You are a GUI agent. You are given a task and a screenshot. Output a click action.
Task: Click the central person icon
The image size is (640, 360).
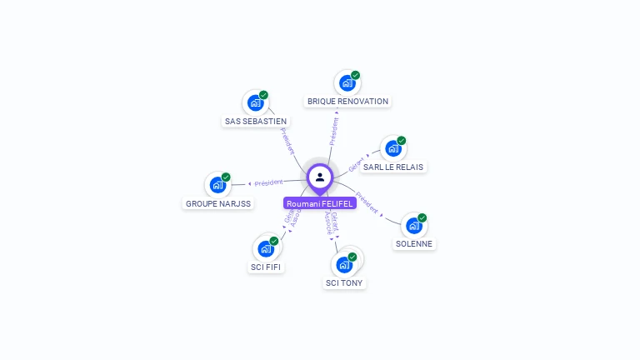tap(320, 177)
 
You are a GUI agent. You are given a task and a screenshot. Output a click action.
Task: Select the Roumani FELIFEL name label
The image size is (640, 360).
tap(320, 203)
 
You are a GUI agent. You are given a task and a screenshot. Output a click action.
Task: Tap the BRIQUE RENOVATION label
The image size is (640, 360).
tap(347, 102)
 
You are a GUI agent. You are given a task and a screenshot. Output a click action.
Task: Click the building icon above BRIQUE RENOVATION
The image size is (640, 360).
tap(347, 83)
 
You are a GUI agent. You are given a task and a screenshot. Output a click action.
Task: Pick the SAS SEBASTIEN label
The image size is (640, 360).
tap(256, 122)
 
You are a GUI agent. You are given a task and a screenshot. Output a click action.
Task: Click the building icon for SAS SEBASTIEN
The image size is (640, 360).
tap(255, 103)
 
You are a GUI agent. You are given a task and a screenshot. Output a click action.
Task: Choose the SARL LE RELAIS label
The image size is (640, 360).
tap(393, 167)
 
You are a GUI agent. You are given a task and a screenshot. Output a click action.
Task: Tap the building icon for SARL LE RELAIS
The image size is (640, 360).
tap(393, 148)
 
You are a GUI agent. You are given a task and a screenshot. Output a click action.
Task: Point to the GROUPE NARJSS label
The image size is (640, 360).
tap(217, 203)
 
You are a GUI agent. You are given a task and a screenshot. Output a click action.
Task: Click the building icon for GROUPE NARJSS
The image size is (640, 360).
tap(217, 185)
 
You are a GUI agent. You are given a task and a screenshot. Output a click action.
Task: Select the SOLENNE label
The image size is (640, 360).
tap(415, 244)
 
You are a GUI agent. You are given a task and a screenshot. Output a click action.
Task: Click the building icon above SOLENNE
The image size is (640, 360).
tap(414, 226)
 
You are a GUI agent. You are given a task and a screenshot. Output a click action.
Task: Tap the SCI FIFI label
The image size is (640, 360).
tap(266, 267)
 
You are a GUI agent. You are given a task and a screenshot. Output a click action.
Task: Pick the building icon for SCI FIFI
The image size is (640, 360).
tap(266, 248)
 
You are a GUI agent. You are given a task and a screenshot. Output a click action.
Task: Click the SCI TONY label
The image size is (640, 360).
tap(345, 283)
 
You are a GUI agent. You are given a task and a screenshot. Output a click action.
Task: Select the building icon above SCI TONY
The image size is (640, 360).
tap(344, 265)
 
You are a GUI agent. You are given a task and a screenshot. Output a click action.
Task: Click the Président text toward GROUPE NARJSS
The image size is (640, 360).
tap(268, 182)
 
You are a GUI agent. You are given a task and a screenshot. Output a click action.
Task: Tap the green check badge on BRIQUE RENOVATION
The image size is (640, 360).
tap(356, 75)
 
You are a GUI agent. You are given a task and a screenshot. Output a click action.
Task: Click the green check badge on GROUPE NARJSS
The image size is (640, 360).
tap(226, 177)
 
